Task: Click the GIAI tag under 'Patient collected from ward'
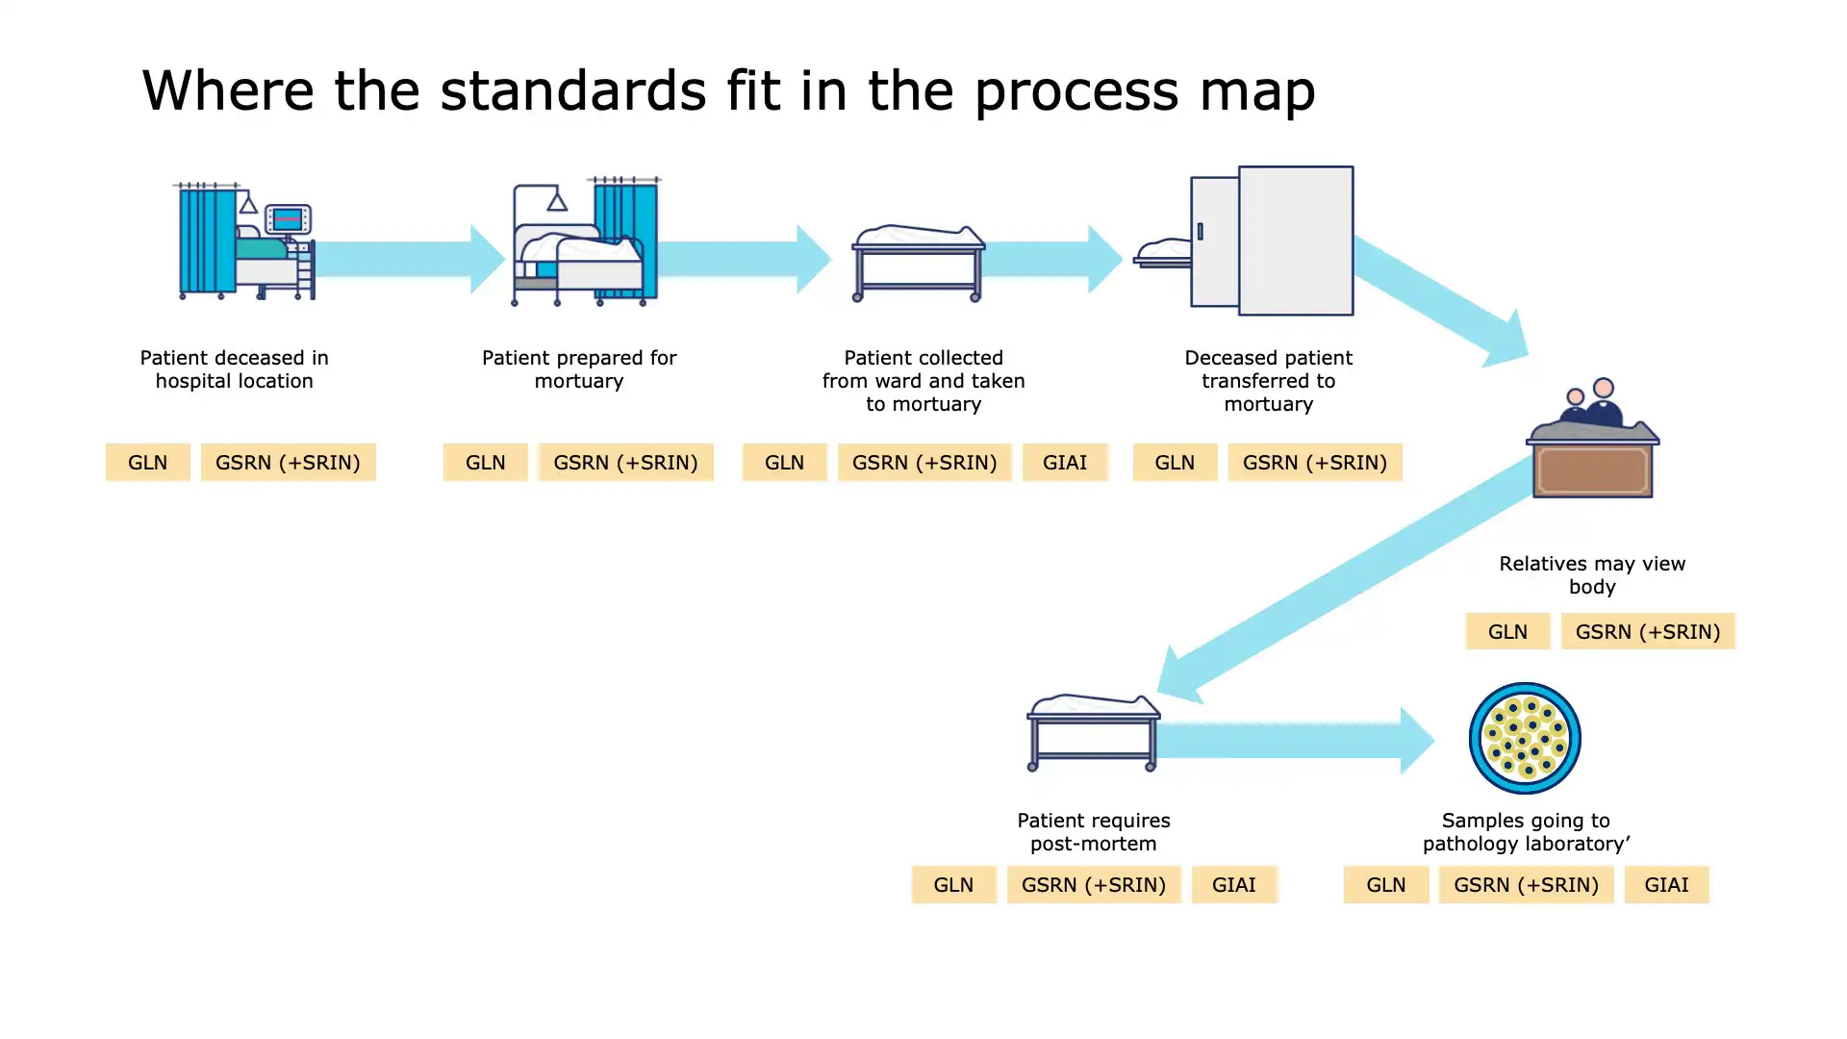tap(1064, 463)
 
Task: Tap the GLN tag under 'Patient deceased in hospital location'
tap(147, 463)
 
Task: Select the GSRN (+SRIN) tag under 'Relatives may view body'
tap(1647, 632)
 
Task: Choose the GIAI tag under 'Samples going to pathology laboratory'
tap(1665, 885)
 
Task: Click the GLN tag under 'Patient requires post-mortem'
tap(952, 885)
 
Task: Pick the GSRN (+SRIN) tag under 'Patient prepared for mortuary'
tap(625, 463)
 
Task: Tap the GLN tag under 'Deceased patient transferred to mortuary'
tap(1174, 463)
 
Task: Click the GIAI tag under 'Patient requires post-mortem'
tap(1232, 885)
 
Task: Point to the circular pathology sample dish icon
tap(1524, 738)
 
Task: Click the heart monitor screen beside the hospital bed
tap(288, 220)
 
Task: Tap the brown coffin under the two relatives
tap(1593, 469)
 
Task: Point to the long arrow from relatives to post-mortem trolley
tap(1347, 577)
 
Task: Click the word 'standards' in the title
tap(572, 90)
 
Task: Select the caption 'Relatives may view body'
tap(1592, 575)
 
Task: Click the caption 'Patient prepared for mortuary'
tap(579, 369)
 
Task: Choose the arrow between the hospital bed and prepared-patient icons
tap(409, 259)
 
